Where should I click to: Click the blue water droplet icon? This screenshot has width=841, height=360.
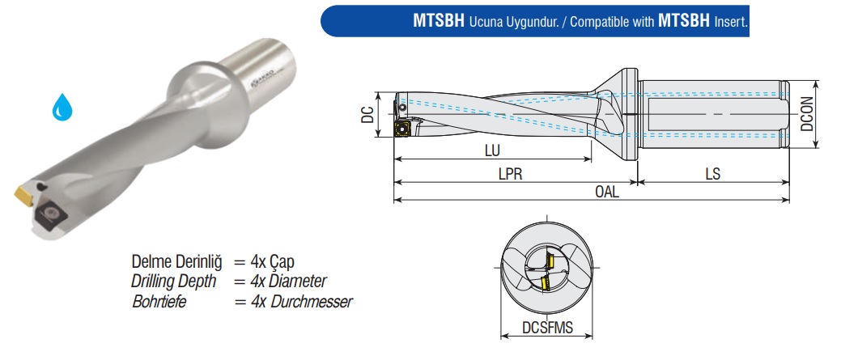(62, 108)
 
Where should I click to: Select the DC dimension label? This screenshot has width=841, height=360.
(368, 115)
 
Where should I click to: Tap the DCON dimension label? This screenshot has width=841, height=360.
(808, 114)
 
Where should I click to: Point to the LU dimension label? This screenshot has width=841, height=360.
(492, 151)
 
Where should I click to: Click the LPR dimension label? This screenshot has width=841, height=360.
(510, 174)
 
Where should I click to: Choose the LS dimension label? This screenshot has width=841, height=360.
(713, 174)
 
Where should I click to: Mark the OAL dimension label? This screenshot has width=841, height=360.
(607, 192)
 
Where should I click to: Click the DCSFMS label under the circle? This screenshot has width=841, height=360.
(548, 328)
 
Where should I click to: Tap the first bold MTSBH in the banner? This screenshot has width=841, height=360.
(439, 21)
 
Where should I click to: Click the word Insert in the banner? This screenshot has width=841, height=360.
(731, 21)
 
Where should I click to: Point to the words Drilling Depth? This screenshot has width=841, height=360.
(174, 282)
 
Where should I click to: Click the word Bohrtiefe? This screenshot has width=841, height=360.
(159, 302)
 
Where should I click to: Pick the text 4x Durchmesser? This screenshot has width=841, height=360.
(301, 302)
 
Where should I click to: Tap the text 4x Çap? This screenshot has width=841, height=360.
(273, 262)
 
